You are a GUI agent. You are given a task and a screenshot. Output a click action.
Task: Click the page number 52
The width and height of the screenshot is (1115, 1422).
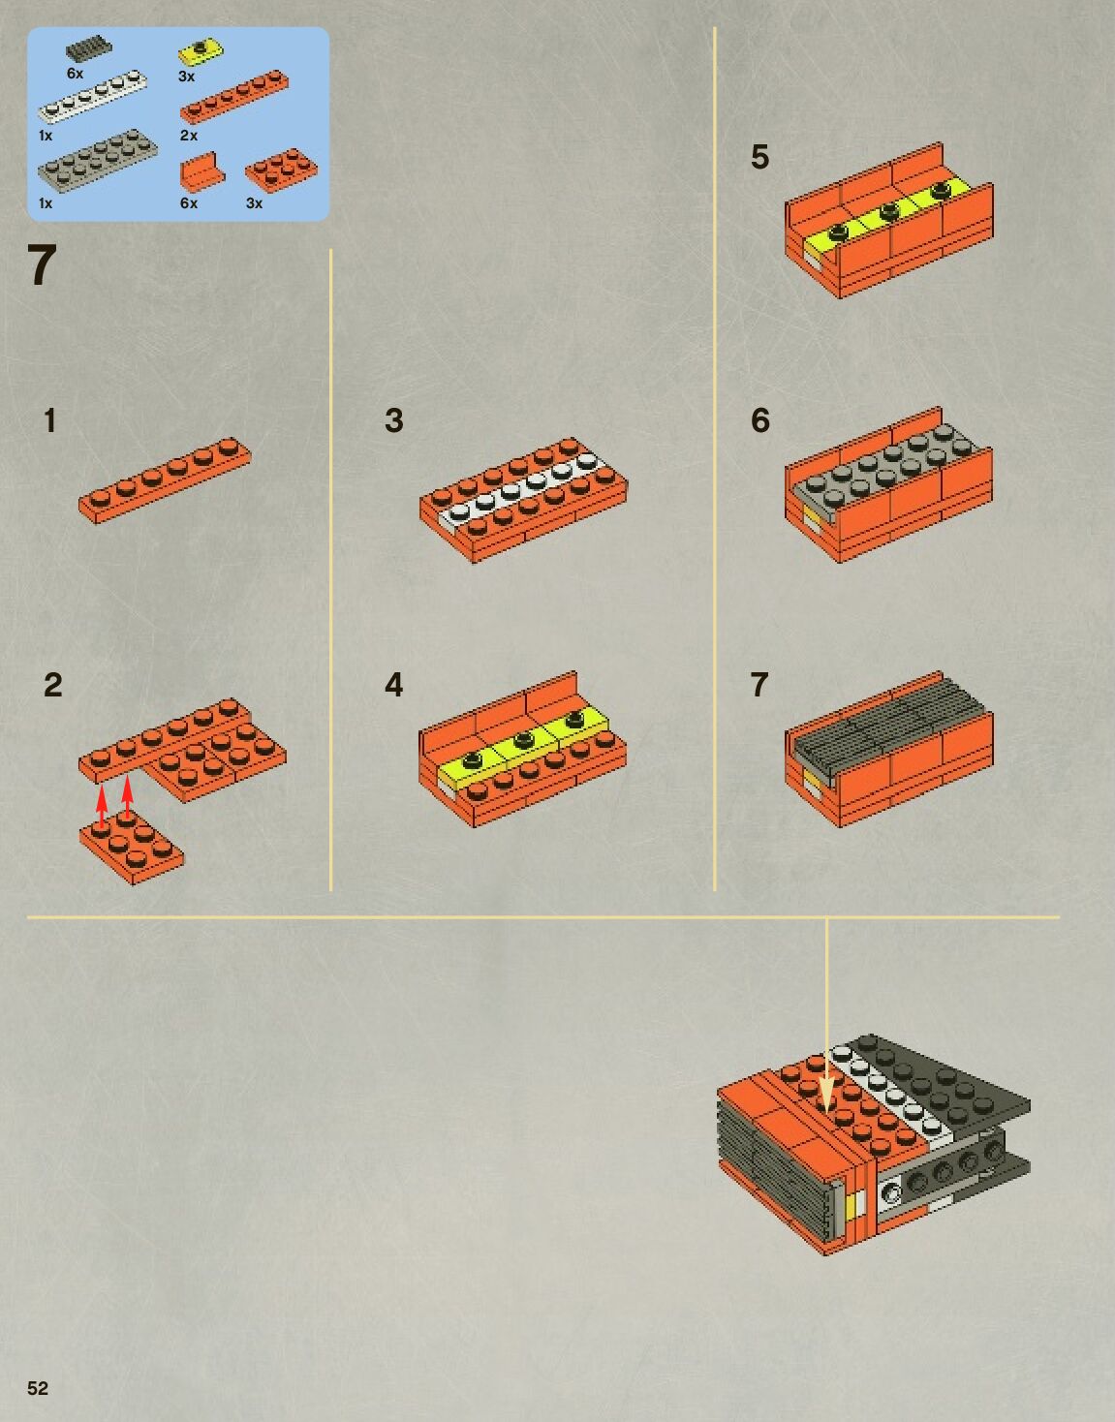click(38, 1388)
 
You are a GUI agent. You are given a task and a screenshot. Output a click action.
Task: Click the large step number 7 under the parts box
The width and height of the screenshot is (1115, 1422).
click(42, 265)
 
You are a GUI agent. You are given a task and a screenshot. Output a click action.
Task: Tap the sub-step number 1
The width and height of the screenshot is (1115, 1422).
click(49, 420)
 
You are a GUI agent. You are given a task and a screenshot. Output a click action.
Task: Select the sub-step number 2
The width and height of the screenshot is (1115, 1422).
click(53, 685)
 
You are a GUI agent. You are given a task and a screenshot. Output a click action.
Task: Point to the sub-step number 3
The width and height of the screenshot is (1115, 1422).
click(394, 420)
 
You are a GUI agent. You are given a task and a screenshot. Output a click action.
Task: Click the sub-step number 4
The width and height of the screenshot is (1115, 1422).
click(394, 685)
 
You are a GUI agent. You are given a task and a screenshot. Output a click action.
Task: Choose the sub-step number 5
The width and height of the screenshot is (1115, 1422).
click(759, 156)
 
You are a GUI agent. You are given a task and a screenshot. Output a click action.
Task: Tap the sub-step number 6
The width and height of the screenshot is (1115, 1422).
click(759, 420)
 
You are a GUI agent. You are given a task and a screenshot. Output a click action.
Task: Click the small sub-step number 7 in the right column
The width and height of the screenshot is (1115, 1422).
click(759, 685)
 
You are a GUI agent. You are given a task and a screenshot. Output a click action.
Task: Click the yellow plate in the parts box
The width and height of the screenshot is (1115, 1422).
click(201, 51)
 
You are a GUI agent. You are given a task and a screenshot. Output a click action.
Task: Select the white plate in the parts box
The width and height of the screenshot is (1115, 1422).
click(92, 98)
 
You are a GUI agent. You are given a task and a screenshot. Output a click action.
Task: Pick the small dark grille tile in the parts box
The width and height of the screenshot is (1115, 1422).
click(89, 49)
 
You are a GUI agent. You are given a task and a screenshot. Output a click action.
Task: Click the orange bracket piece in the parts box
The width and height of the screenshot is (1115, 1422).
click(201, 170)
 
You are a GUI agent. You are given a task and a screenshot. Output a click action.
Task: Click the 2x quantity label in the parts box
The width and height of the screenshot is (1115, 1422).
click(189, 136)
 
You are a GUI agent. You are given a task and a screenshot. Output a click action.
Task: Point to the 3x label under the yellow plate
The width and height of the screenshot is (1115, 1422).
click(187, 77)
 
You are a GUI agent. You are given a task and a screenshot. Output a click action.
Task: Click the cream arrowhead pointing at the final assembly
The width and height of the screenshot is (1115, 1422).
click(827, 1097)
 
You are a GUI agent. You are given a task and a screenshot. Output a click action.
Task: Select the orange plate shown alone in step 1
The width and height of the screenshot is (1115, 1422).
click(165, 480)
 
